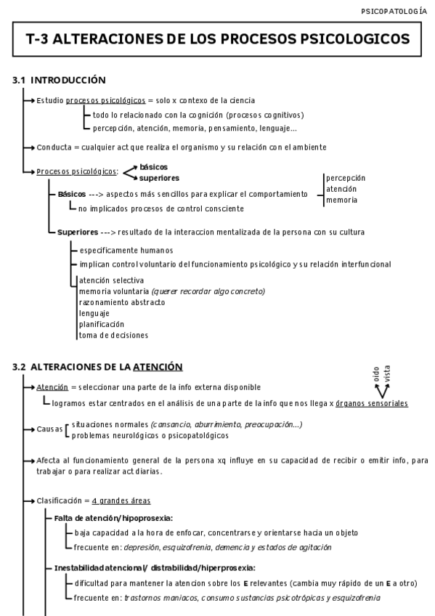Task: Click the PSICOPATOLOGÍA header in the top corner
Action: (394, 11)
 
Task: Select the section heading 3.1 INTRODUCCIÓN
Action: (60, 80)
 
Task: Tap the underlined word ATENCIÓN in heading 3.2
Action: (157, 367)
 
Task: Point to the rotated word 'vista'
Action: (387, 374)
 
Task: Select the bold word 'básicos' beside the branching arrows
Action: (153, 167)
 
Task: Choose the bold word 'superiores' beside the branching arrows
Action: (159, 177)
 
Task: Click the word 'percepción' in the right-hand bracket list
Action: (346, 177)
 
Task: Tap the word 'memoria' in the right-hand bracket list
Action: (341, 200)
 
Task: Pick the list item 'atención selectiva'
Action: (111, 280)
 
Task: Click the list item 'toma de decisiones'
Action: (113, 335)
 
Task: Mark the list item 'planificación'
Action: (102, 324)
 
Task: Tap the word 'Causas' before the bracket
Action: (49, 429)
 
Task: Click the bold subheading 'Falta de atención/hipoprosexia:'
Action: (113, 518)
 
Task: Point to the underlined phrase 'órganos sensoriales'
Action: (372, 403)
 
